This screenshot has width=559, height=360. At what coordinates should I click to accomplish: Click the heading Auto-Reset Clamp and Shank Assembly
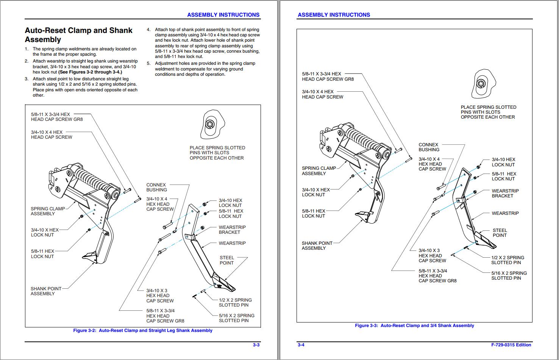(x=78, y=35)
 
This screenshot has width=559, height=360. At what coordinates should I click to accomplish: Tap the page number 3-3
(x=256, y=345)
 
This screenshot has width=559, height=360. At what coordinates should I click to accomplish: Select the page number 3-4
(x=301, y=345)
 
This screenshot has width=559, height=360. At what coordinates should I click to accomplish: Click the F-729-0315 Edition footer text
(x=511, y=345)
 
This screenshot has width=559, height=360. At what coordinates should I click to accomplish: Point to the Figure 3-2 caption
(x=143, y=330)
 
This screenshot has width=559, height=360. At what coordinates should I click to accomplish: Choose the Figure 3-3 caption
(x=414, y=326)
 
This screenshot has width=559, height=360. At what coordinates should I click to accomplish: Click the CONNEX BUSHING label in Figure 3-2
(x=156, y=187)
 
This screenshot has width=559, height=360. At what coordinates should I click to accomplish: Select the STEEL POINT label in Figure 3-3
(x=500, y=233)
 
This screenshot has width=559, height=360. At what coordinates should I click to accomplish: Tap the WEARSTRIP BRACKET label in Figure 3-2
(x=232, y=230)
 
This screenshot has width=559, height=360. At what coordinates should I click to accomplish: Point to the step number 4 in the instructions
(x=148, y=30)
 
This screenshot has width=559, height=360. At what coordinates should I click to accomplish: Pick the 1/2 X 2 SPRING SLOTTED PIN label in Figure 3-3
(x=507, y=260)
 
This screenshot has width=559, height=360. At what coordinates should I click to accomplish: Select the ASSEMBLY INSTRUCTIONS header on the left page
(x=223, y=15)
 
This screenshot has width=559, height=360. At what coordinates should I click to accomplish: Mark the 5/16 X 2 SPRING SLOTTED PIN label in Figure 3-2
(x=236, y=318)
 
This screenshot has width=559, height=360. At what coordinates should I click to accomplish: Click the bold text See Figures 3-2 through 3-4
(x=90, y=72)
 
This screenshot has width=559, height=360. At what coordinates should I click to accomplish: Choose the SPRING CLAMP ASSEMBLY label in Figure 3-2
(x=48, y=211)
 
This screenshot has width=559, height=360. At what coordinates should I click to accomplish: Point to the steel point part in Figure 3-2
(x=224, y=282)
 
